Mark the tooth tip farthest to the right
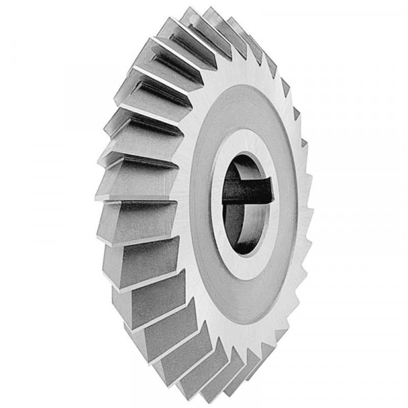click(312, 212)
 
